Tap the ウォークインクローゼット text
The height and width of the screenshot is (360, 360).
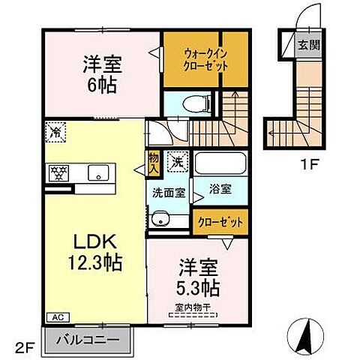pos(205,59)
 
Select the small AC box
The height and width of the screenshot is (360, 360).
pos(57,317)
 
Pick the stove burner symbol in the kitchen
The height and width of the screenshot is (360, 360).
pos(58,173)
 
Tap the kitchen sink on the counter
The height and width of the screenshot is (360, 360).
pos(97,173)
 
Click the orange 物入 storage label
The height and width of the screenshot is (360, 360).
pos(153,162)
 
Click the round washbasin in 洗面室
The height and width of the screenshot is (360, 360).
pos(159,220)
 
